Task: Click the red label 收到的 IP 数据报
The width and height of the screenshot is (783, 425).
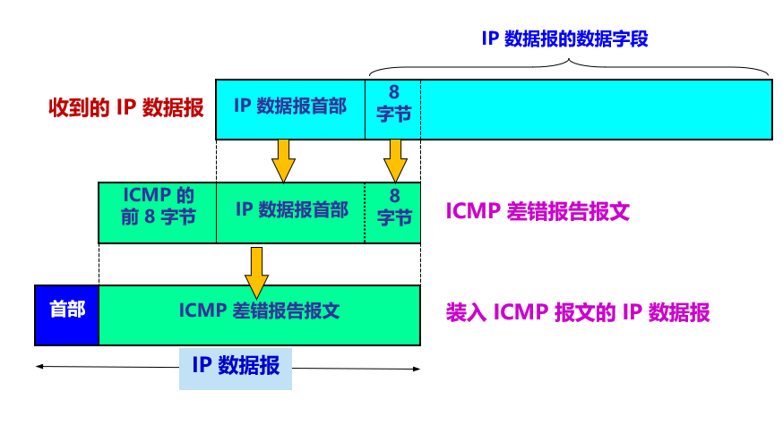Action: (126, 107)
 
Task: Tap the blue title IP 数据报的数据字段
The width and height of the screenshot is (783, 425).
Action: (564, 38)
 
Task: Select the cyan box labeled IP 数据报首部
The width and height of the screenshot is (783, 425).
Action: (290, 109)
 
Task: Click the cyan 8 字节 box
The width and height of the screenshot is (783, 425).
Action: (393, 109)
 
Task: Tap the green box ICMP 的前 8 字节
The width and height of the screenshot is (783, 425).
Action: (158, 213)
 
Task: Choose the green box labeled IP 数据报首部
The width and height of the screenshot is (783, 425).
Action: (290, 213)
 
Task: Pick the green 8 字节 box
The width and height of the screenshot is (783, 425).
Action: (393, 213)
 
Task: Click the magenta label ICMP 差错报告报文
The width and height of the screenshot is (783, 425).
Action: (538, 211)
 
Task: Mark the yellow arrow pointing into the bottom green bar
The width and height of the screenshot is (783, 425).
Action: (257, 273)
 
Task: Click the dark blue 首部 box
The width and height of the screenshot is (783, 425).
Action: (67, 315)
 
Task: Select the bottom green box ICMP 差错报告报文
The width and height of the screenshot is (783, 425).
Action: (260, 315)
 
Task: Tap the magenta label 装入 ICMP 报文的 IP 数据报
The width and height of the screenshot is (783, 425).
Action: (578, 313)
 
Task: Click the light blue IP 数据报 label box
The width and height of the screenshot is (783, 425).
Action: (236, 370)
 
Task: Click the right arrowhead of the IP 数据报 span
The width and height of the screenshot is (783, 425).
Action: (418, 370)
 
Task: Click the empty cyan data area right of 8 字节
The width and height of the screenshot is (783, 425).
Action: (597, 109)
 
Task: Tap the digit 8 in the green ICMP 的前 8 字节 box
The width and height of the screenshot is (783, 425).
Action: (150, 217)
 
